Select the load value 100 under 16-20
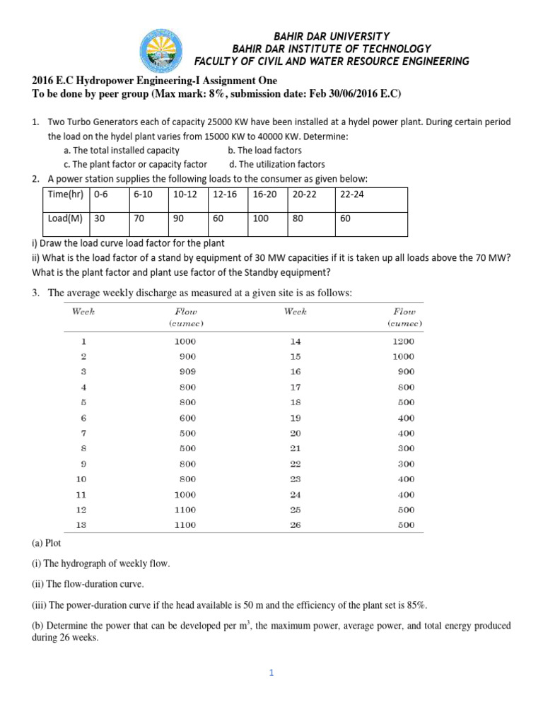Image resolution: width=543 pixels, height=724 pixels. pyautogui.click(x=260, y=219)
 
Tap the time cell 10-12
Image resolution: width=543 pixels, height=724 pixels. pyautogui.click(x=182, y=194)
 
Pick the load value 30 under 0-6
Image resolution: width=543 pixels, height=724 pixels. pyautogui.click(x=100, y=219)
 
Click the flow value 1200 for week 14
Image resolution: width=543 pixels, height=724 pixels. pyautogui.click(x=404, y=341)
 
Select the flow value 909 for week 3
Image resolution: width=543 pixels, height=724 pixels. pyautogui.click(x=187, y=371)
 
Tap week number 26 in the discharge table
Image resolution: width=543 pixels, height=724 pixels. pyautogui.click(x=296, y=525)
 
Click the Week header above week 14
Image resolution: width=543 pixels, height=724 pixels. pyautogui.click(x=295, y=311)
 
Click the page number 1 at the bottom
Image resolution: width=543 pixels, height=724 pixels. pyautogui.click(x=270, y=673)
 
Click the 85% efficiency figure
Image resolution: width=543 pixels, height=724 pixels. pyautogui.click(x=416, y=605)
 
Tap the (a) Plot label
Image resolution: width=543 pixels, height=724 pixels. pyautogui.click(x=47, y=543)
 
